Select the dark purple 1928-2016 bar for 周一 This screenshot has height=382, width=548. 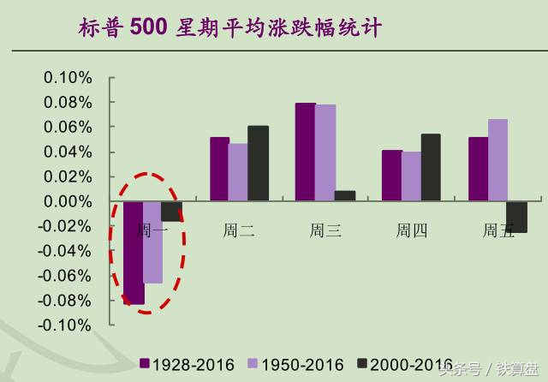[134, 253]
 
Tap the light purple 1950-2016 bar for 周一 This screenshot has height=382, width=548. [152, 242]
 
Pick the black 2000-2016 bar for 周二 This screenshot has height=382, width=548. [258, 164]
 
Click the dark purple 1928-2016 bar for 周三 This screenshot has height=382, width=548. [305, 152]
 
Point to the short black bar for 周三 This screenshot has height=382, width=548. [344, 196]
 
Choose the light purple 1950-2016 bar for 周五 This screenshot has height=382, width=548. [497, 160]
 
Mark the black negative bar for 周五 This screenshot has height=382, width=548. [516, 217]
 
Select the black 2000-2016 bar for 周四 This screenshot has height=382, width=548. [430, 168]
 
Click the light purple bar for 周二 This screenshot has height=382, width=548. [238, 172]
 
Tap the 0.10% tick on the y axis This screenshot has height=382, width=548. [68, 78]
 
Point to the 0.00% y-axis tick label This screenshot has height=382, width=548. [68, 201]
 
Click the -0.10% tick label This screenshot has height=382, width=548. [66, 325]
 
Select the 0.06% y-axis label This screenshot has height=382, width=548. [68, 128]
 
